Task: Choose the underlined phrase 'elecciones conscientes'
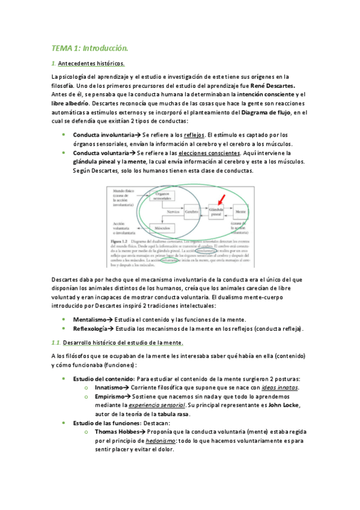[x=204, y=153]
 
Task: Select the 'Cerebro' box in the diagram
[x=192, y=212]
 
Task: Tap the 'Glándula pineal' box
[x=216, y=212]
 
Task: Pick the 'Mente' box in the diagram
[x=240, y=212]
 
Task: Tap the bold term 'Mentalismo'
[x=91, y=319]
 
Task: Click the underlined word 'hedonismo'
[x=160, y=441]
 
